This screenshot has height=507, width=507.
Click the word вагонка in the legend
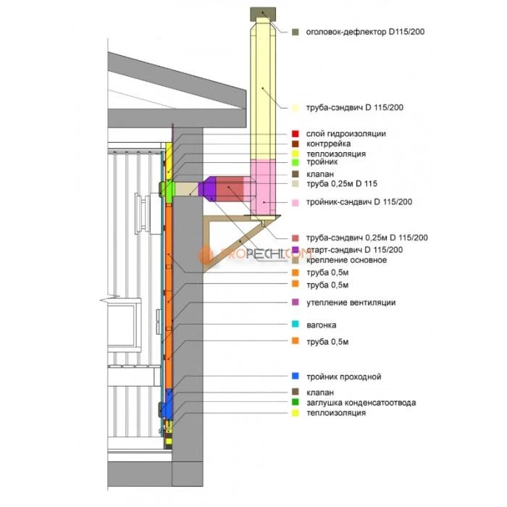321,324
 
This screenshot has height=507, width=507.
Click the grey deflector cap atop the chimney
263,14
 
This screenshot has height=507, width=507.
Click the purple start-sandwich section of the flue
209,189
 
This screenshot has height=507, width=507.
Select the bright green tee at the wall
166,190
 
